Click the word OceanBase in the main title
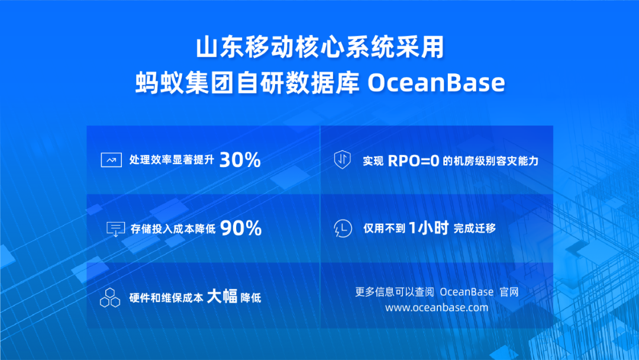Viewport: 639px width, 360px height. [436, 83]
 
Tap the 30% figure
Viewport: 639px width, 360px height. [240, 159]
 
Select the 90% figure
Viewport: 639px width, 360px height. [241, 228]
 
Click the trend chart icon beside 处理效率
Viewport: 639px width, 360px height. [111, 160]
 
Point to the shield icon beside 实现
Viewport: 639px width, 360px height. [343, 159]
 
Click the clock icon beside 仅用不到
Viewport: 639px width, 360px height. [343, 229]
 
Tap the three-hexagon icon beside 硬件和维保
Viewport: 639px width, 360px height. [110, 298]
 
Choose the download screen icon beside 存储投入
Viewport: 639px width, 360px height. [116, 229]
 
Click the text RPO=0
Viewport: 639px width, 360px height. [413, 160]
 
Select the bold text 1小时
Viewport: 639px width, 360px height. [428, 228]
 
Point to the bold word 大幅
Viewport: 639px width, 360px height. [222, 297]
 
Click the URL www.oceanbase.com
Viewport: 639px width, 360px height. [437, 307]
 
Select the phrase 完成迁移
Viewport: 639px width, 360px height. [475, 229]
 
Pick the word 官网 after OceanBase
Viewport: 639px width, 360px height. [509, 292]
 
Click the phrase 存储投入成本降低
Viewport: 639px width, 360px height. [173, 229]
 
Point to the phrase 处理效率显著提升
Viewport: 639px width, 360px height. [172, 160]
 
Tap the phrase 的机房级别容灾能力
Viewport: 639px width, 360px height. [490, 161]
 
